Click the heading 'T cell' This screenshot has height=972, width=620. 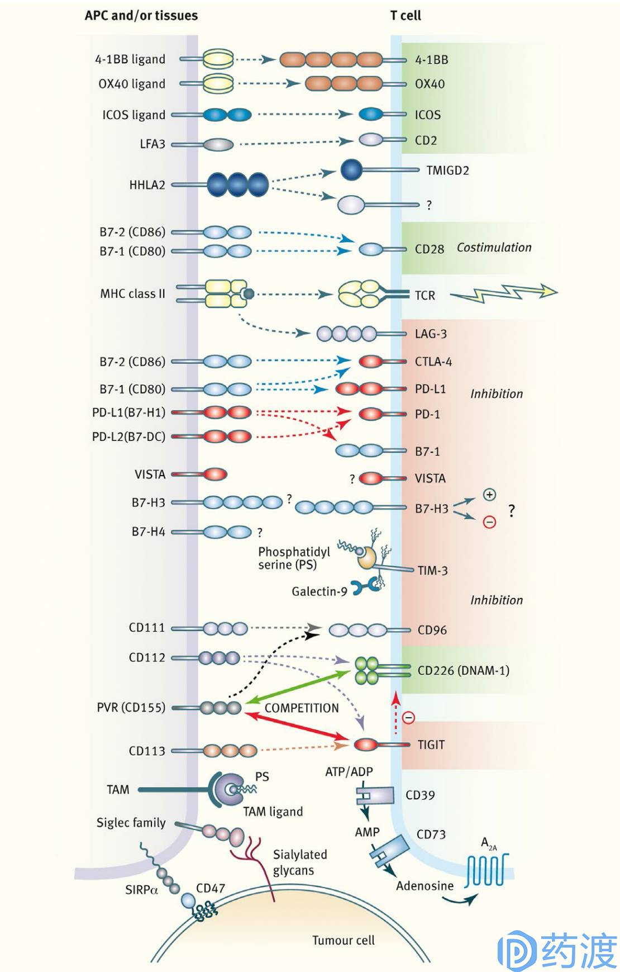coord(406,16)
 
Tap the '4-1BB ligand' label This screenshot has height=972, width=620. coord(130,59)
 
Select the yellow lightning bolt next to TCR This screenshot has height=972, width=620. coord(504,293)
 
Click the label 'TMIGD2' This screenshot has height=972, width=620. coord(447,170)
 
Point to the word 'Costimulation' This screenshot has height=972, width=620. coord(494,247)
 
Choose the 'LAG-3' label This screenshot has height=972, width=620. coord(431,334)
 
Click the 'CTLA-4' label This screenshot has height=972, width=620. coord(433,362)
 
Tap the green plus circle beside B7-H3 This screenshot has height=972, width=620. coord(489,495)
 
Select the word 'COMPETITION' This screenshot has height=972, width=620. coord(302,708)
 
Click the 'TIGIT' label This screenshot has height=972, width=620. coord(431,745)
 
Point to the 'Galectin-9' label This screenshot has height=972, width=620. coord(319,591)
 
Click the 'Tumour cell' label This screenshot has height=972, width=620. coord(344,940)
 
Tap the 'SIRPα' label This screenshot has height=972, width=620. coord(142,890)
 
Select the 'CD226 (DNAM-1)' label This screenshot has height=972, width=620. coord(464,670)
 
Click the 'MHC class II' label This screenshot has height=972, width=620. coord(133,293)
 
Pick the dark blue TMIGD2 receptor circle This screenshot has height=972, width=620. coord(352,170)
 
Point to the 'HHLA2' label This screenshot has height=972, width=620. coord(147,185)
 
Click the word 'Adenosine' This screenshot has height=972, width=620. coord(425,886)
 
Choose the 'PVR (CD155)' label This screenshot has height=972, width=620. coord(131,708)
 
